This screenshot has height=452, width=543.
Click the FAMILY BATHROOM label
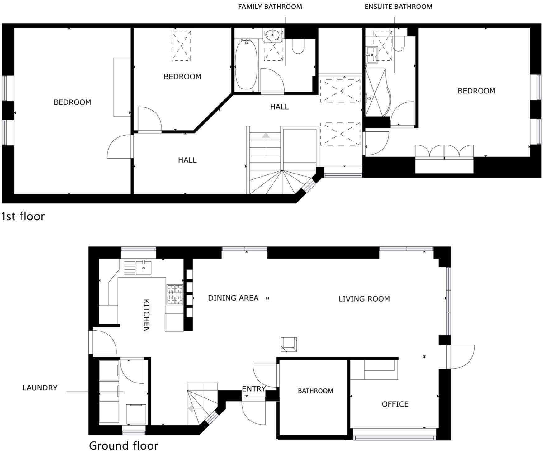point(270,7)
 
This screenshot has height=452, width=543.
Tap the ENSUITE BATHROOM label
point(398,7)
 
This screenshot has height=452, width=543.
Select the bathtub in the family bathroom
point(246,64)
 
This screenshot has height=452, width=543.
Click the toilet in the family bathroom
point(298,46)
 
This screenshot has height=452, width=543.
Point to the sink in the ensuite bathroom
point(371,55)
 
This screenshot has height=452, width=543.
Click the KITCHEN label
point(146,315)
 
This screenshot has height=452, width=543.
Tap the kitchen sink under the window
point(144,268)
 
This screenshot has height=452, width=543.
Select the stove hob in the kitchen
point(175,295)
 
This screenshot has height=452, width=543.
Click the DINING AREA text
point(233,298)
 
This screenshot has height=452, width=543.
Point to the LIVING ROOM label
point(364,299)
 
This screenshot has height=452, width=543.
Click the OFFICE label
point(395,404)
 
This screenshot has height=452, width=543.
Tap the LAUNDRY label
point(40,388)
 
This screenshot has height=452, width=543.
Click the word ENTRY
point(253,389)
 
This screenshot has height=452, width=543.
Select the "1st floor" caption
point(23,216)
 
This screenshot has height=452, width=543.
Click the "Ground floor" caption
point(123,445)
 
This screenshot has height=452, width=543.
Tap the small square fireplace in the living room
point(289,344)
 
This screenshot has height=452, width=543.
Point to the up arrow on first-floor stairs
point(266,136)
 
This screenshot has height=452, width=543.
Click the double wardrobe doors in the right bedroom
point(444,152)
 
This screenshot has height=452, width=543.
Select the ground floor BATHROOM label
point(315,391)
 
